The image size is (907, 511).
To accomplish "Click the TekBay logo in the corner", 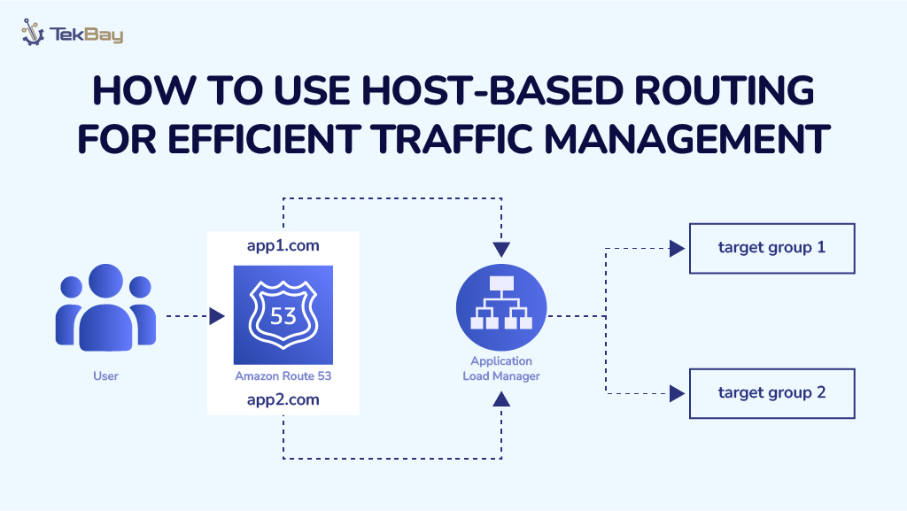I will point(73,35).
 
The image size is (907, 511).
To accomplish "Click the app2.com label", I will point(283,399).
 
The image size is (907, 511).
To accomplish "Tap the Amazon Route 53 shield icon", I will point(283,314).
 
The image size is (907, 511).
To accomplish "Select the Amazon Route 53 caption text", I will point(283,376).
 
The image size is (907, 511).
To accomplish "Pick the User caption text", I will point(105,376).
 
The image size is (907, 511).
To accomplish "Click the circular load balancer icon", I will point(500,306).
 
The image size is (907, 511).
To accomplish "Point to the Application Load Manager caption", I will point(500,368).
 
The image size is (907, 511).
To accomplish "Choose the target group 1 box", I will point(771,248).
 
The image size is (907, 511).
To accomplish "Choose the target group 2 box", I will point(771,392).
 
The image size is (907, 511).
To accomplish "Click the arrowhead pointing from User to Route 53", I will point(217,315).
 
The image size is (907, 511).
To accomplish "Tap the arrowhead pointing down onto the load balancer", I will point(501,248).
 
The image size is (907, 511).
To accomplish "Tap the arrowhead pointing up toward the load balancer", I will point(501,399).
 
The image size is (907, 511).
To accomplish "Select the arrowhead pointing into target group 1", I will point(678,249).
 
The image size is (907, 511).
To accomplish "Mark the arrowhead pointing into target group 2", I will point(678,392).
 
